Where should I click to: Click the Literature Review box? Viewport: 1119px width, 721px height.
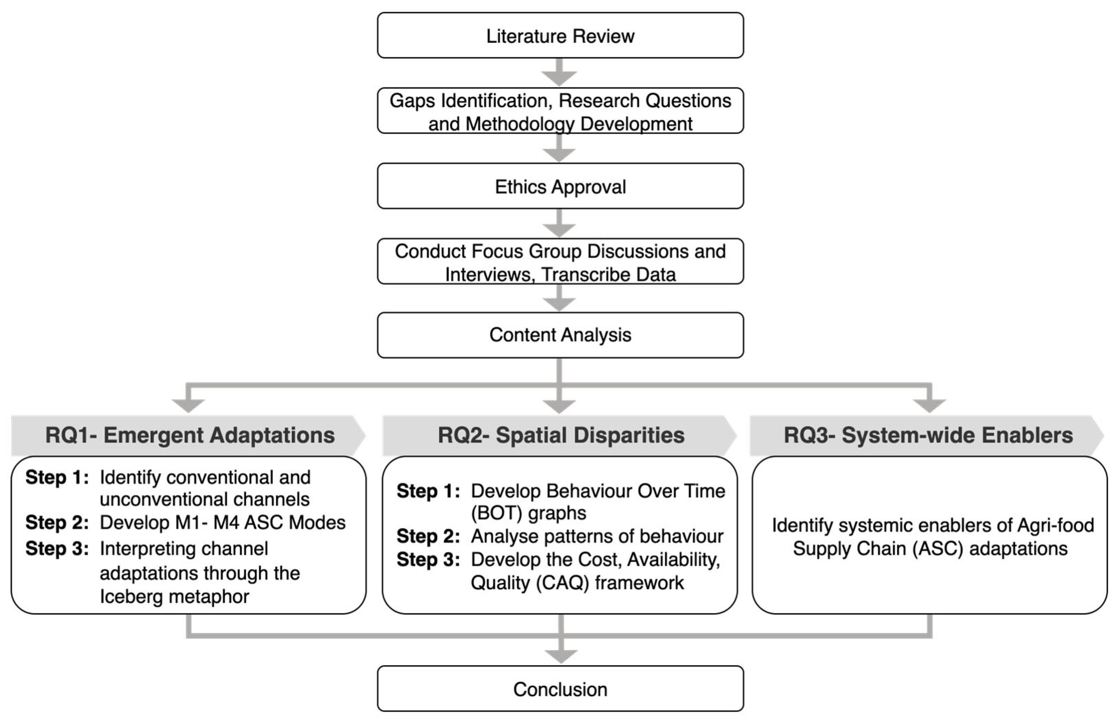click(560, 36)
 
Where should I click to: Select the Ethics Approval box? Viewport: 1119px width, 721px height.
click(560, 186)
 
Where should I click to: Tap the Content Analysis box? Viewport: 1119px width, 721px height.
click(560, 335)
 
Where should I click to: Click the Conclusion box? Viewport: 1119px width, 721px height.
click(560, 689)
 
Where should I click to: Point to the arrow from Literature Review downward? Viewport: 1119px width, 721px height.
click(559, 73)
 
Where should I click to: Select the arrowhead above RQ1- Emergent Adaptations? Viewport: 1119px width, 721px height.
click(188, 405)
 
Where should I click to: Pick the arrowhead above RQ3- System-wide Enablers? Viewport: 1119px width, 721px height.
click(929, 405)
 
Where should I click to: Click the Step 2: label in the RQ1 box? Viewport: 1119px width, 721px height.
click(56, 522)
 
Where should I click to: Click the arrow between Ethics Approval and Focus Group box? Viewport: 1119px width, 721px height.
click(559, 224)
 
